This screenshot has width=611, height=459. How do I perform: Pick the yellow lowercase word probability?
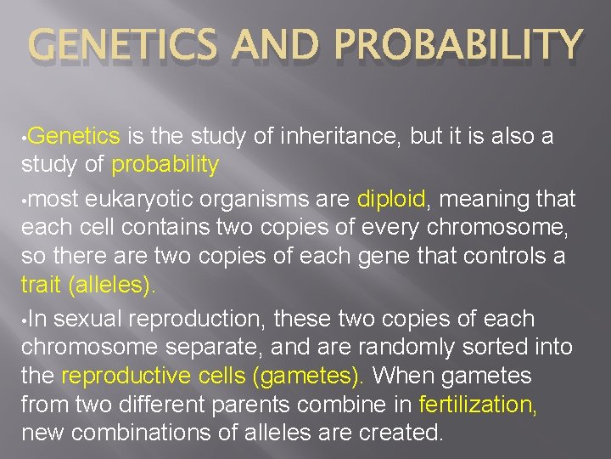(x=165, y=164)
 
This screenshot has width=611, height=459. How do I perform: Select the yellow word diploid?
(x=391, y=199)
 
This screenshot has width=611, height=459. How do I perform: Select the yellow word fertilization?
(x=478, y=404)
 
